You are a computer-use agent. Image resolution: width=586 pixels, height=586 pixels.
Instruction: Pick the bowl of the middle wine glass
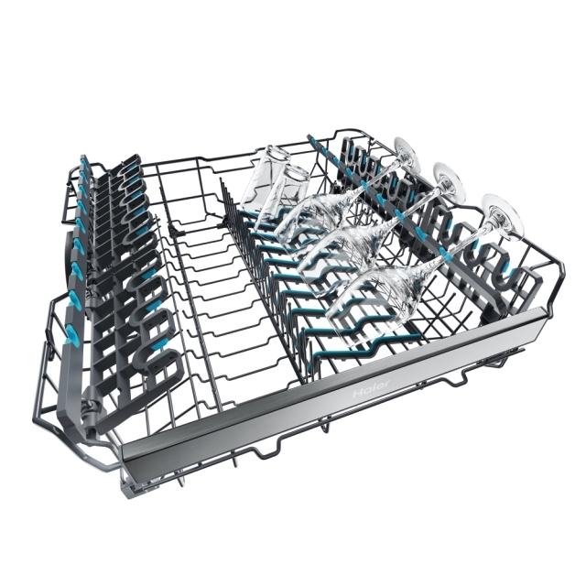coord(336,258)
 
